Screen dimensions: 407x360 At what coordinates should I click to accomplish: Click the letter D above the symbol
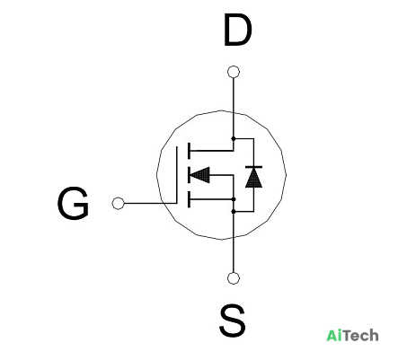point(238,31)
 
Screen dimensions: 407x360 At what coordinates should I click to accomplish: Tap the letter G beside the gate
point(73,203)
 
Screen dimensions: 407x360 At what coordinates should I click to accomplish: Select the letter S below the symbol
point(233,320)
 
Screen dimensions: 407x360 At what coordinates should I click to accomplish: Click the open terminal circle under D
point(234,72)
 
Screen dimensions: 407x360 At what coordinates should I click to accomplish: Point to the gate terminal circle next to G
point(118,204)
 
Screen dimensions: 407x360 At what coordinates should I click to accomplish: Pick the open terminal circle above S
point(234,278)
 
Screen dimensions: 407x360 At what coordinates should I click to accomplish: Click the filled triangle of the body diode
point(253,178)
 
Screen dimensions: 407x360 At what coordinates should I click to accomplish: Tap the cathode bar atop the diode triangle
point(253,167)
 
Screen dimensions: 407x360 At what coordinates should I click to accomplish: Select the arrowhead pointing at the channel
point(199,175)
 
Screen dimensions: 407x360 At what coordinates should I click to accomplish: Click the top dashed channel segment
point(189,151)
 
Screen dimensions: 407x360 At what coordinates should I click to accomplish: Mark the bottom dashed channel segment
point(189,199)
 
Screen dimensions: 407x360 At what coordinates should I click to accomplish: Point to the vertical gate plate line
point(177,175)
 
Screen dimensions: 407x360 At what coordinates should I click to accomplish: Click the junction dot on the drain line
point(234,138)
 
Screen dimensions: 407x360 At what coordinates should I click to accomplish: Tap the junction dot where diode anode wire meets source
point(234,212)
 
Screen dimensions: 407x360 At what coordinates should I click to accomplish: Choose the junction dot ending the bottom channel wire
point(234,199)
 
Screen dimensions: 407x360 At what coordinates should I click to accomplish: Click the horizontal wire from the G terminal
point(150,204)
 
